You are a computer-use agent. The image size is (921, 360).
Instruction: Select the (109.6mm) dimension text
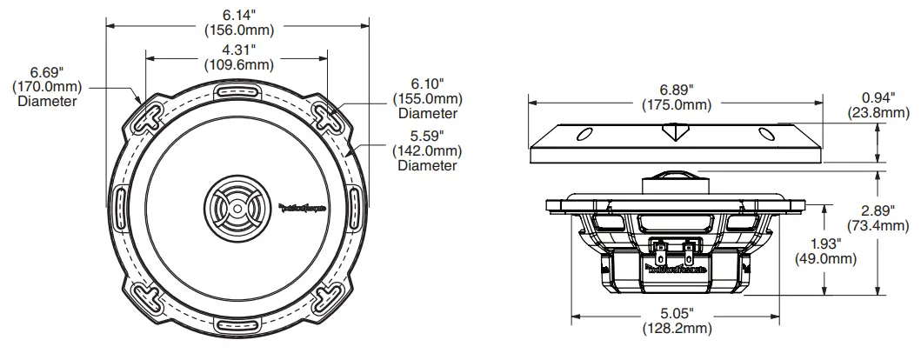pyautogui.click(x=237, y=64)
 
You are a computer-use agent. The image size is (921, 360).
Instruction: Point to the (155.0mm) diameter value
pyautogui.click(x=428, y=98)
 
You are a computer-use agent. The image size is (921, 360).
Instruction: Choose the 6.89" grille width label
pyautogui.click(x=677, y=90)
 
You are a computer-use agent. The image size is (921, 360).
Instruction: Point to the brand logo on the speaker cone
pyautogui.click(x=302, y=207)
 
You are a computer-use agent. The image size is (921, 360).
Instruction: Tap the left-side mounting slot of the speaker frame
pyautogui.click(x=119, y=209)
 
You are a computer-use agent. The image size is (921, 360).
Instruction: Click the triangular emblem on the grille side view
pyautogui.click(x=675, y=131)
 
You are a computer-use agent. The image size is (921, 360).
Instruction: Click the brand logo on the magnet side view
pyautogui.click(x=677, y=270)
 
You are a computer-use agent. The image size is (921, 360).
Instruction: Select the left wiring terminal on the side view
pyautogui.click(x=661, y=252)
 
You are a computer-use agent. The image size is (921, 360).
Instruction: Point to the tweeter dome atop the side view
pyautogui.click(x=675, y=173)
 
